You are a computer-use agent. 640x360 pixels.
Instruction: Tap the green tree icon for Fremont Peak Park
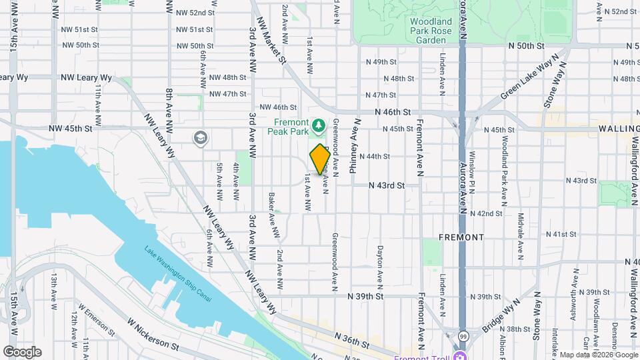[319, 125]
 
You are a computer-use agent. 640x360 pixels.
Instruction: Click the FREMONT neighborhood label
[461, 237]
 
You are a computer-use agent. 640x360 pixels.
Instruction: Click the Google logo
[22, 351]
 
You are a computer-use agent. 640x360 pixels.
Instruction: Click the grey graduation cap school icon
[199, 138]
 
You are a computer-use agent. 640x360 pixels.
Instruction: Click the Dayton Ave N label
[379, 263]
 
